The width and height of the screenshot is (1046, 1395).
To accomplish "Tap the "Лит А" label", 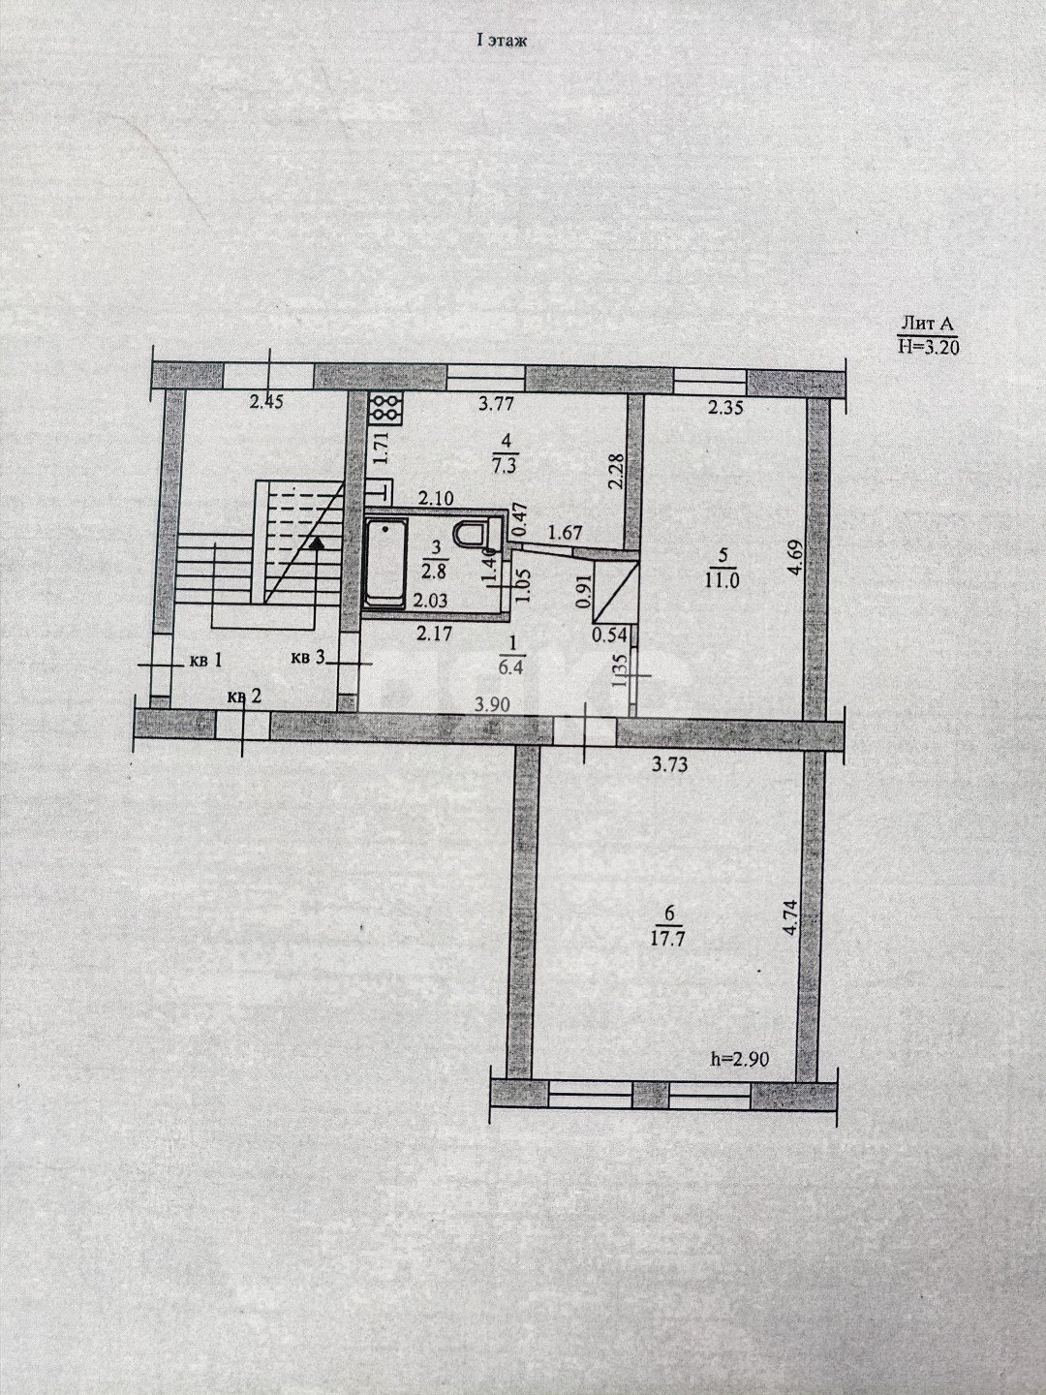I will pos(929,325).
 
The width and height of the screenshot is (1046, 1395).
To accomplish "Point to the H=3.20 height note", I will pos(928,348).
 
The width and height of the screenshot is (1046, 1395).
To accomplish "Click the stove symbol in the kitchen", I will pos(385,408).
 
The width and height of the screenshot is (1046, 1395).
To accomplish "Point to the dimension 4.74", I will pos(790,917).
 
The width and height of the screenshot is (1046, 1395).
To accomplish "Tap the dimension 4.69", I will pos(794,559).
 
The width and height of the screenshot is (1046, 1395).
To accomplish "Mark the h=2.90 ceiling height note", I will pos(741,1059).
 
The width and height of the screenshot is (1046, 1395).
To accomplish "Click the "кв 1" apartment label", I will pos(205,662).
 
